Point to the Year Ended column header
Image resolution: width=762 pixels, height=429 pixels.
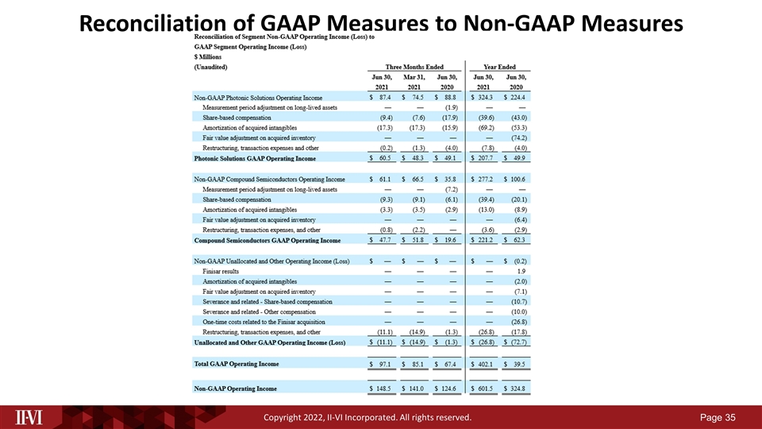(x=499, y=67)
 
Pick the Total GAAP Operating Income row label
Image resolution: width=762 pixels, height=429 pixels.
(x=236, y=364)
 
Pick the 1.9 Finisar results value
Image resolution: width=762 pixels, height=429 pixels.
(x=522, y=271)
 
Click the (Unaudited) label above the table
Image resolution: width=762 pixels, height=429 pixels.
(x=213, y=68)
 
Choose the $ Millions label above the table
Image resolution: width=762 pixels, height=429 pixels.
(x=210, y=58)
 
